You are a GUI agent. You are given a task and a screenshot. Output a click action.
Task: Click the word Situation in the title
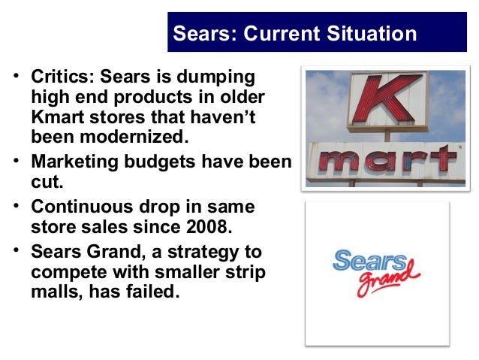tap(369, 34)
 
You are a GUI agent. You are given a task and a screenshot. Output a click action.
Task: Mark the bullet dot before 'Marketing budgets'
tap(17, 165)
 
